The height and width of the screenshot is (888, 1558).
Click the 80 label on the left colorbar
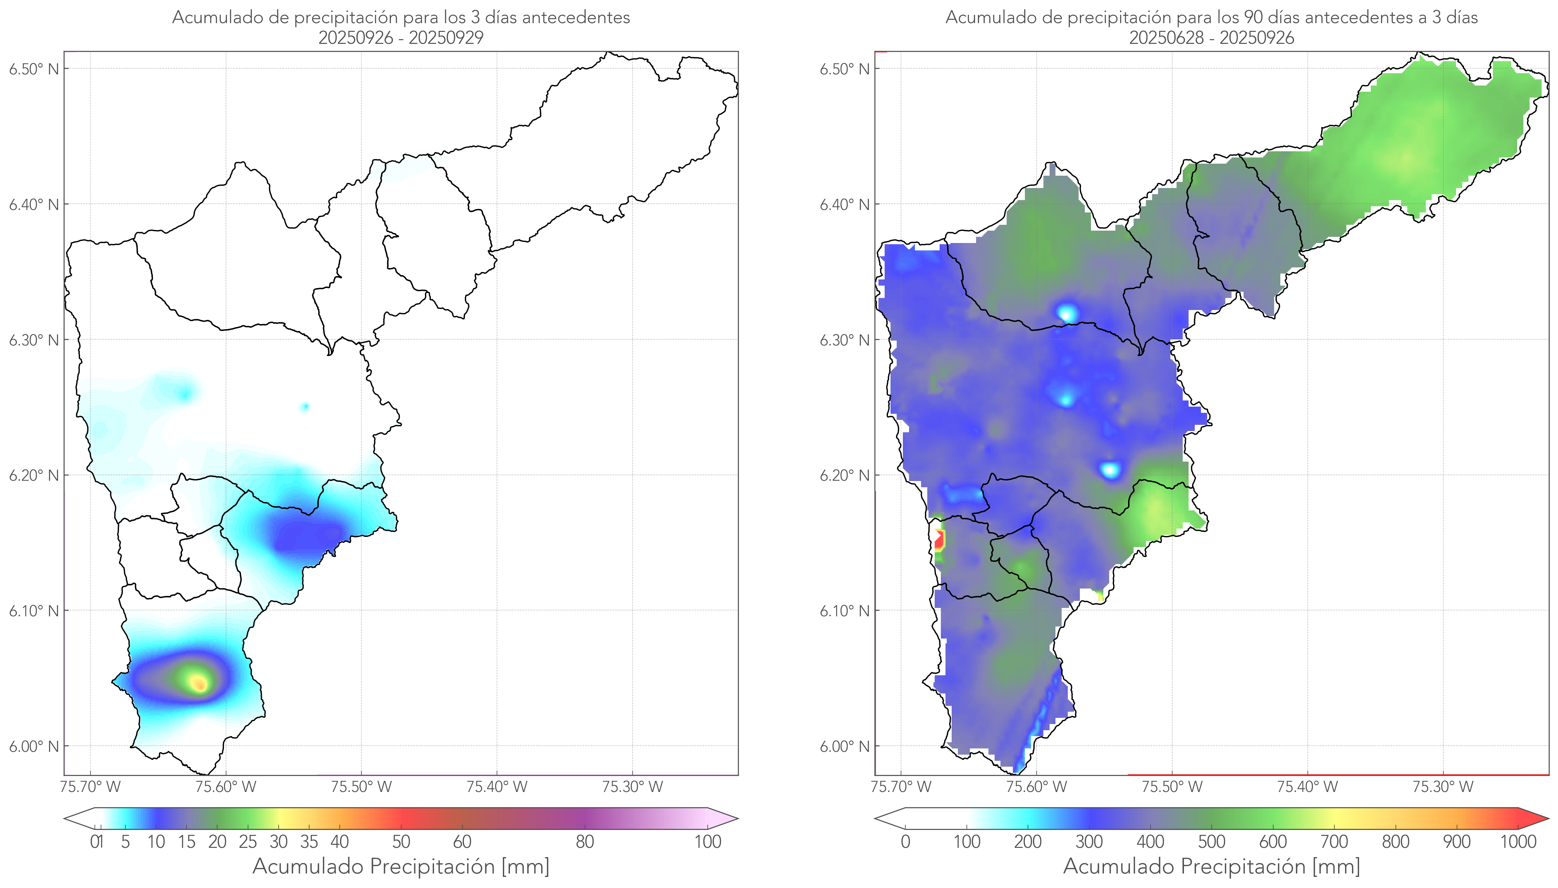click(x=584, y=842)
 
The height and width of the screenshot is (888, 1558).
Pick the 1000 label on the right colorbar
click(x=1518, y=842)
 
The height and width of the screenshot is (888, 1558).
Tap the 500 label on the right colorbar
click(x=1211, y=842)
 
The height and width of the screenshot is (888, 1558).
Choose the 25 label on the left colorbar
click(x=248, y=842)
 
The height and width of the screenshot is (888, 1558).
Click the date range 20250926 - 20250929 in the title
click(x=401, y=38)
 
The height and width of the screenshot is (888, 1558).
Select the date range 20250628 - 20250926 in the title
click(x=1211, y=38)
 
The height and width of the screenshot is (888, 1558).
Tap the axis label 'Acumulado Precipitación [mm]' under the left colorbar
click(x=401, y=866)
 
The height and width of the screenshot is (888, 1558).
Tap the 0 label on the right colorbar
click(x=905, y=842)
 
